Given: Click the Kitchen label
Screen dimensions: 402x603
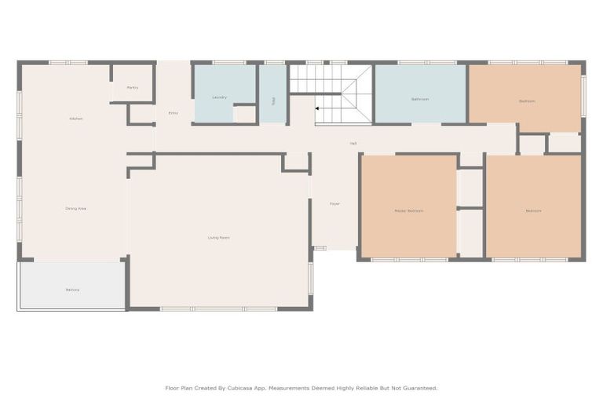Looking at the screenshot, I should click(76, 119).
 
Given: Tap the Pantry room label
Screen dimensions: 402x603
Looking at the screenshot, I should click(133, 87).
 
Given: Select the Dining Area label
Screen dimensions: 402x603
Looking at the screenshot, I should click(76, 208).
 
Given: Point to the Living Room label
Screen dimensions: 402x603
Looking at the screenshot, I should click(218, 237).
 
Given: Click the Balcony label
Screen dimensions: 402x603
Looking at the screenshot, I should click(72, 290).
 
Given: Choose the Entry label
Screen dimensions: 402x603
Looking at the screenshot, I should click(173, 113).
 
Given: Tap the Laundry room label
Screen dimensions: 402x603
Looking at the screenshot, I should click(220, 97).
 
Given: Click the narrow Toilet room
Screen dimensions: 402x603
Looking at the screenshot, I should click(273, 100).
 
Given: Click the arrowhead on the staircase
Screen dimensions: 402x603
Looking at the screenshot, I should click(318, 108).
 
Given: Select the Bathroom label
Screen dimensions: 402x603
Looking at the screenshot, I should click(420, 99).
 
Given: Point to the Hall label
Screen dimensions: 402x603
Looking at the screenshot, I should click(353, 143).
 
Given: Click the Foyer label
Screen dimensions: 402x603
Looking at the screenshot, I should click(334, 203).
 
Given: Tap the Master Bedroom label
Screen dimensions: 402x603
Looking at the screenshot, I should click(408, 210).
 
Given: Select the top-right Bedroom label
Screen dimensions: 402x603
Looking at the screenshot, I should click(526, 100).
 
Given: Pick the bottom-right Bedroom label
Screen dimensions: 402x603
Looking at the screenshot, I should click(533, 210).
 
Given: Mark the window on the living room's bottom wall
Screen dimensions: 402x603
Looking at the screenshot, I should click(218, 309).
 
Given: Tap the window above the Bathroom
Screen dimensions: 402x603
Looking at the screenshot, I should click(421, 62).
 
